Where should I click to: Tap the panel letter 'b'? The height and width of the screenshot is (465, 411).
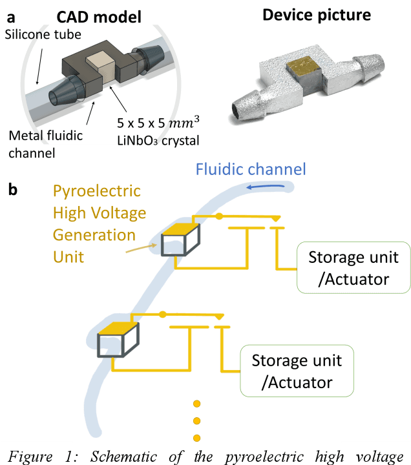click(13, 191)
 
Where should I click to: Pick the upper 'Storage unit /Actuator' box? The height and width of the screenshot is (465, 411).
click(352, 267)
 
